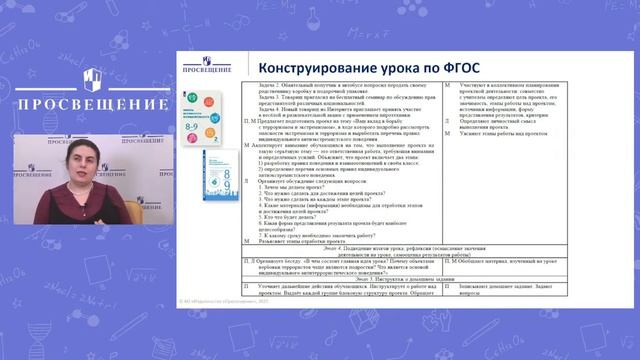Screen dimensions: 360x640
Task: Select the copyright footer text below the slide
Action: (215, 329)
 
